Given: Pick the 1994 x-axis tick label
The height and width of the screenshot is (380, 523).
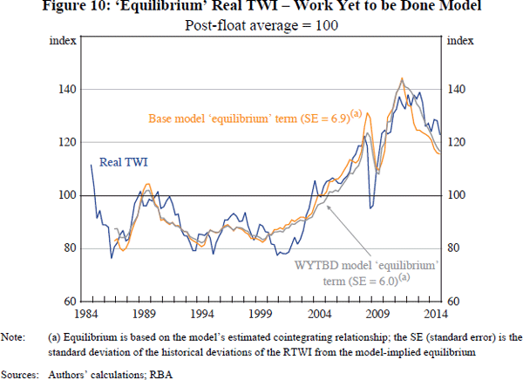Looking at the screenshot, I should coord(203,313).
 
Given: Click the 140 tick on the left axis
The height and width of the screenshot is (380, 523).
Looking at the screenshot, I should coord(66,90).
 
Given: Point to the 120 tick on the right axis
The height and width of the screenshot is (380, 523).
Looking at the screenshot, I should coord(458,143).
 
